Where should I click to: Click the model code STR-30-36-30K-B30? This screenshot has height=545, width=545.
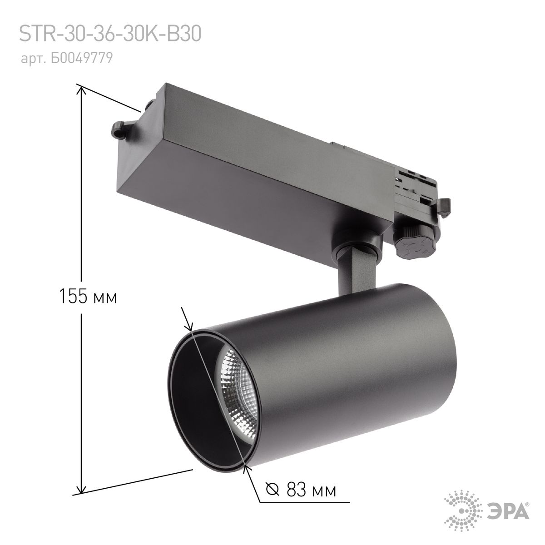109,35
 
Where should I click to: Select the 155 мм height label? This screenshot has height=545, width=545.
88,297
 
